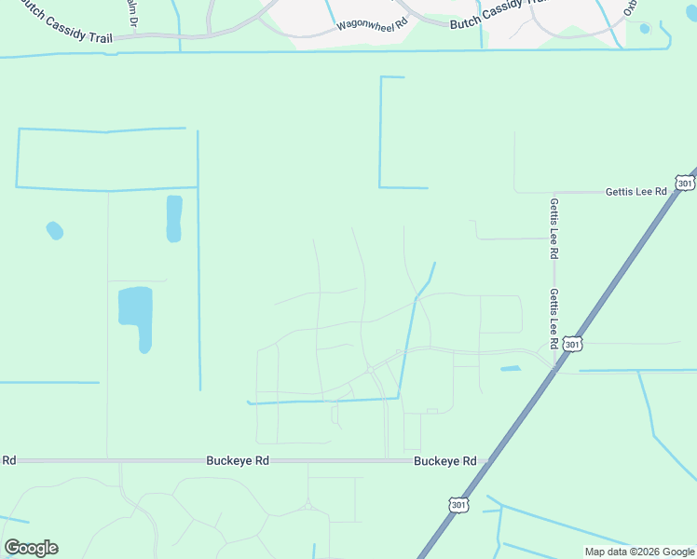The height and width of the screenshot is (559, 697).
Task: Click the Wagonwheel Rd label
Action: (373, 25)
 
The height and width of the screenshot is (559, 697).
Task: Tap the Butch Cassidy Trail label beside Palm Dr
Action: (60, 29)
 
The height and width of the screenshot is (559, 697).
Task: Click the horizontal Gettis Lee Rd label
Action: (636, 191)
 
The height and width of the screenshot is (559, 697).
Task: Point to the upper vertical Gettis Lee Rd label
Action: (553, 228)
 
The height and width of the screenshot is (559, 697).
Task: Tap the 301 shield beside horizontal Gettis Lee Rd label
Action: (685, 184)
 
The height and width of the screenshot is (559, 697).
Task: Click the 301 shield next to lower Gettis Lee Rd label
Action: (573, 345)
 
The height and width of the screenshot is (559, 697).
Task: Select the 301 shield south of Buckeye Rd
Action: (458, 504)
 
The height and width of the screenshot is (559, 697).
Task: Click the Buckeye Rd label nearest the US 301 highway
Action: (445, 460)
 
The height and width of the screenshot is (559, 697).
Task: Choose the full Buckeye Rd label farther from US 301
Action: (238, 460)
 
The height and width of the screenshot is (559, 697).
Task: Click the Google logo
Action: (31, 548)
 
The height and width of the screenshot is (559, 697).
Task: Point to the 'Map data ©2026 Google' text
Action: (639, 552)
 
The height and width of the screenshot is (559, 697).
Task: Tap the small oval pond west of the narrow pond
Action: (55, 230)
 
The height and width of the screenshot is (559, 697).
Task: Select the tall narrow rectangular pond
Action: (174, 219)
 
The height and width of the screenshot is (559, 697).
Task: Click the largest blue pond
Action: (136, 312)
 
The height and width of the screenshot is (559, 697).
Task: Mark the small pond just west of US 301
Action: (511, 369)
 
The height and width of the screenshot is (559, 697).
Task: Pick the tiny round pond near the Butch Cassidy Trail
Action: (645, 28)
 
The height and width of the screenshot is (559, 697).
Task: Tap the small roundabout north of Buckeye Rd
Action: (371, 369)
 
